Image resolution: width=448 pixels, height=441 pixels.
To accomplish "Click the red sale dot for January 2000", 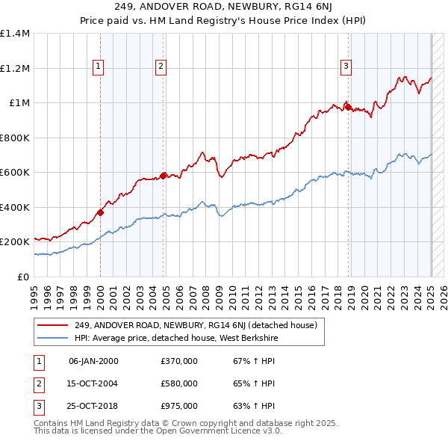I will coord(101,212).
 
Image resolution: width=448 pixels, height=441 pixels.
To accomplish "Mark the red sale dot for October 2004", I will coord(164,176).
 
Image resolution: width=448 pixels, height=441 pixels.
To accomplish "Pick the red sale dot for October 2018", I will coord(348,108).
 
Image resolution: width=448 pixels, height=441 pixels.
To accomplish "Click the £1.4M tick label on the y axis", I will coord(15,34).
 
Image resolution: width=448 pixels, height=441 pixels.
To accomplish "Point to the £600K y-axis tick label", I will coord(15,173).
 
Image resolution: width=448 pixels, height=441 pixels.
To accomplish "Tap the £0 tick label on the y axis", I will coord(24,277).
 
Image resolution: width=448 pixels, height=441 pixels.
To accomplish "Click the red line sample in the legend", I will coord(52,325).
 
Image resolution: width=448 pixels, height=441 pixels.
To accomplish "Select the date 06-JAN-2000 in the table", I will coord(93,361).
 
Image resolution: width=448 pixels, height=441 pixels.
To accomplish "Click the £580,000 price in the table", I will coord(179,383).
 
